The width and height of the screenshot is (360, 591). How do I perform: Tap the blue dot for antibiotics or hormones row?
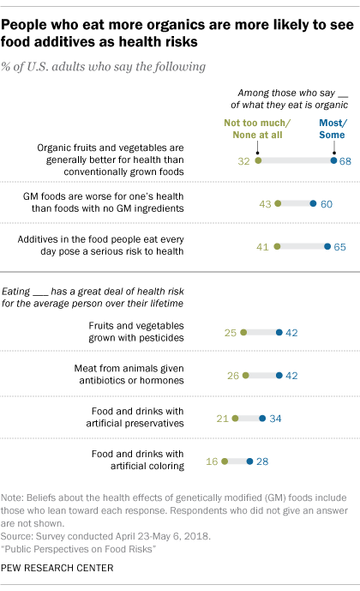[279, 375]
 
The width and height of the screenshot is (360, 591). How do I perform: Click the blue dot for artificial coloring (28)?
[249, 461]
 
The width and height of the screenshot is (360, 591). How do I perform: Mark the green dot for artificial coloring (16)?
[224, 461]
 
